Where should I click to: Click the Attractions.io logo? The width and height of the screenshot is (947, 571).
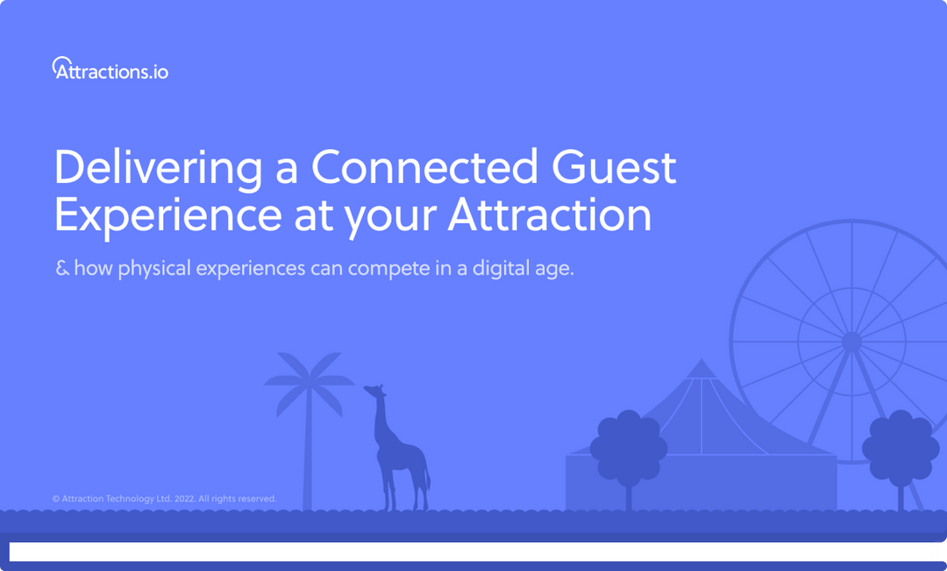(110, 69)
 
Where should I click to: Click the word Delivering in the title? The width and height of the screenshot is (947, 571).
(157, 167)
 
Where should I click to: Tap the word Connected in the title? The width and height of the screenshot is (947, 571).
(424, 167)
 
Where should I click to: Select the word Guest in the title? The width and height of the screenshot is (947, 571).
(614, 167)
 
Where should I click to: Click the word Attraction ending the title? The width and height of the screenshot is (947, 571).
(550, 215)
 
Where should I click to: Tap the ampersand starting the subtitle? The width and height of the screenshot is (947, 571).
(62, 268)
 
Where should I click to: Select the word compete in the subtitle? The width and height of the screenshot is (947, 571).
(383, 269)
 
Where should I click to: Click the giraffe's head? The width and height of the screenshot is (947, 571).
(374, 391)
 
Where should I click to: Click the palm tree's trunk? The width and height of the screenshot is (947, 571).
(307, 455)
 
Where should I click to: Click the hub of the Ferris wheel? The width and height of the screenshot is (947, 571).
(851, 341)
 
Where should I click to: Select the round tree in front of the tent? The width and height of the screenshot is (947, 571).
(628, 448)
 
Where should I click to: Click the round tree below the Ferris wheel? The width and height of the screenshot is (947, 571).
(901, 448)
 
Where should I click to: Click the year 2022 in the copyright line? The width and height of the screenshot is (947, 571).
(184, 499)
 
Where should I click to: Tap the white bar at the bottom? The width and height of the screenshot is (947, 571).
(472, 552)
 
